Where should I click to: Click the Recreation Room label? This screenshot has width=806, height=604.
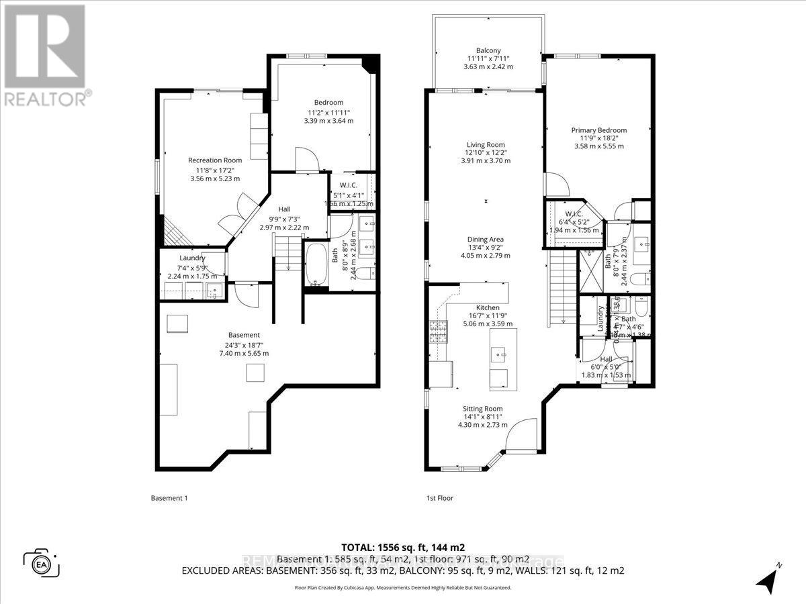pos(214,160)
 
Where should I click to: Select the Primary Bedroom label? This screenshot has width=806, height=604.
pos(598,130)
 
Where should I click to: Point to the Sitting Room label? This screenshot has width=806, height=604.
pos(482,409)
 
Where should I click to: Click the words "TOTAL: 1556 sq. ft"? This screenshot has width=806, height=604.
pos(386,546)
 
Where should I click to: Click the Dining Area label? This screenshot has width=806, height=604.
pos(486,240)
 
